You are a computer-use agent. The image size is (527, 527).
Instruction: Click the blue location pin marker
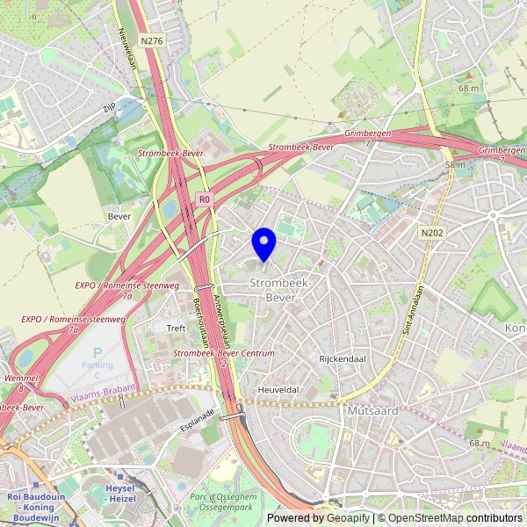(263, 242)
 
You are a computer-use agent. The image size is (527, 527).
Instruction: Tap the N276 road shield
(151, 40)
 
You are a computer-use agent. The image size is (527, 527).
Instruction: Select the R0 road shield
(205, 199)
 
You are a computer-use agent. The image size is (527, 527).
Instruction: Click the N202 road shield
(430, 233)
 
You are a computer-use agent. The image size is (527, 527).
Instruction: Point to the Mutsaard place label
(373, 411)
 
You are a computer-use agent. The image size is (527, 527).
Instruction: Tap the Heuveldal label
(279, 389)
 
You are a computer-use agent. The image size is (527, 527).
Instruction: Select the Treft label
(177, 328)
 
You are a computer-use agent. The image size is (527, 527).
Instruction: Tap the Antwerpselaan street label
(220, 318)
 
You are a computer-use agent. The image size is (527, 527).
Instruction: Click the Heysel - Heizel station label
(118, 493)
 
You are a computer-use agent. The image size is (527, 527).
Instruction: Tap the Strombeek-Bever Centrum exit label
(224, 353)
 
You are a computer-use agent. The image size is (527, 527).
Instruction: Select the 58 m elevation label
(455, 165)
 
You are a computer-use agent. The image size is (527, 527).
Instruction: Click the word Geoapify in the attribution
(348, 518)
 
